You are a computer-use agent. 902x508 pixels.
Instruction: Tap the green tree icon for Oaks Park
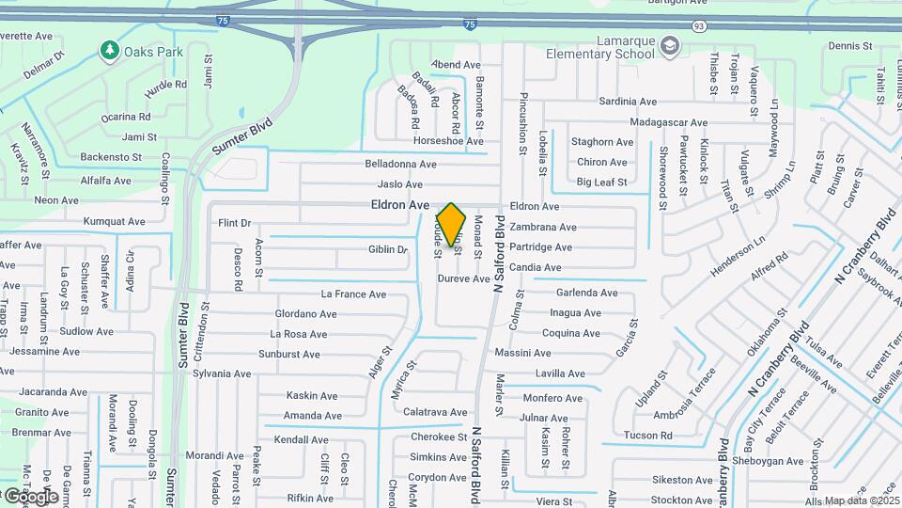110,50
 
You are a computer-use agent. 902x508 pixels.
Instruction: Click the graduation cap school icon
669,44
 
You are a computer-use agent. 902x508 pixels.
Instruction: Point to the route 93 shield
698,25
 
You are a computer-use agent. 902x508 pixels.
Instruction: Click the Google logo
30,496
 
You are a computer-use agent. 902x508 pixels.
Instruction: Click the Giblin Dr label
388,249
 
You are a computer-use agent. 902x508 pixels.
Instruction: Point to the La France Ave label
353,294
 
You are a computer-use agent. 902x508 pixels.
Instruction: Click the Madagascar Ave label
669,122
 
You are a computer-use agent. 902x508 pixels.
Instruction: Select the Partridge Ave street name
540,247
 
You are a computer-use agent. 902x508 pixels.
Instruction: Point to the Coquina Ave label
571,333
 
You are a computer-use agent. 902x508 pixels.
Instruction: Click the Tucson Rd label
648,436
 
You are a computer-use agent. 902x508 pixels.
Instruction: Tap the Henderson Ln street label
738,255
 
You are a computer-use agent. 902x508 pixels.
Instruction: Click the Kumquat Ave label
114,222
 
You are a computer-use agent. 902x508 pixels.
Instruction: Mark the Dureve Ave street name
464,278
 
